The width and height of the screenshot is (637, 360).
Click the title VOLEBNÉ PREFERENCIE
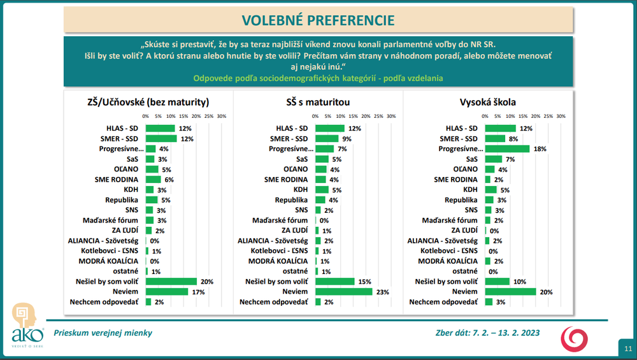click(x=318, y=20)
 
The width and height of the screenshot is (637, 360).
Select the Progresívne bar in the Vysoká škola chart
click(x=507, y=148)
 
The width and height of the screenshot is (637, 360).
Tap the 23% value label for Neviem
click(x=382, y=292)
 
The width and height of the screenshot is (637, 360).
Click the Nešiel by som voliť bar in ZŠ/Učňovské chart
click(x=171, y=282)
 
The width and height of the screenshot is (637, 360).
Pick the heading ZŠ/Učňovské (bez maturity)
click(x=148, y=102)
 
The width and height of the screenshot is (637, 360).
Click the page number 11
click(x=627, y=349)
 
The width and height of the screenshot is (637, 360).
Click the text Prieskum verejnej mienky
click(x=103, y=333)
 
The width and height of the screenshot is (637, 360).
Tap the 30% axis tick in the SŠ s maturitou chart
click(x=391, y=117)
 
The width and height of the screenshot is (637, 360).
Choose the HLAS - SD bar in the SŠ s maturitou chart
click(x=330, y=128)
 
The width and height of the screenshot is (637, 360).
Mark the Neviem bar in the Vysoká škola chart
click(x=510, y=292)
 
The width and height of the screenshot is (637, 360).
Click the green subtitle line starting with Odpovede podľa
click(x=318, y=78)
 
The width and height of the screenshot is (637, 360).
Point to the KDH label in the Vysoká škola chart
click(x=470, y=190)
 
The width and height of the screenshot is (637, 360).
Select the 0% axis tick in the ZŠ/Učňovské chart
click(x=146, y=117)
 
